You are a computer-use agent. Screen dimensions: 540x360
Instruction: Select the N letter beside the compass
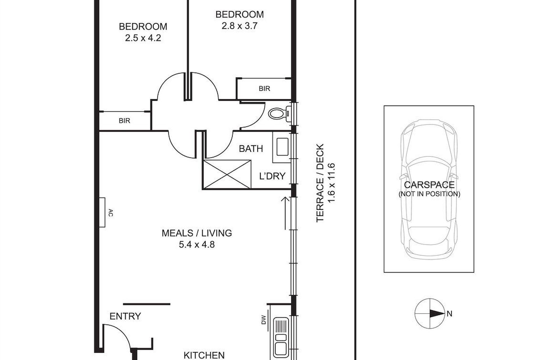tap(449, 313)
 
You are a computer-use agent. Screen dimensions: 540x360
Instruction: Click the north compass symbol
tap(429, 313)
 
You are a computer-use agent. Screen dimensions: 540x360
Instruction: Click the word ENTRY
tap(125, 316)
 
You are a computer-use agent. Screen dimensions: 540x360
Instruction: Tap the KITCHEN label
tap(204, 355)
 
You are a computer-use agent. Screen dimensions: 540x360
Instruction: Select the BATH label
tap(251, 148)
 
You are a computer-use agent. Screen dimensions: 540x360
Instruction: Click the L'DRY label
tap(272, 176)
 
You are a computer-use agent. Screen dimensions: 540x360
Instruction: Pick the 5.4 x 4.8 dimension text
tap(197, 244)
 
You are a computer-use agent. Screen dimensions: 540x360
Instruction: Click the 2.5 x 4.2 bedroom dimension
tap(143, 38)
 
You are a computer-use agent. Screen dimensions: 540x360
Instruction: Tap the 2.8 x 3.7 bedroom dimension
tap(239, 26)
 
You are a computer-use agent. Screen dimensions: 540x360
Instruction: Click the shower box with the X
tap(227, 174)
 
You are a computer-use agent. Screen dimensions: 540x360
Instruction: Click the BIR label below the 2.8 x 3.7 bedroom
tap(264, 89)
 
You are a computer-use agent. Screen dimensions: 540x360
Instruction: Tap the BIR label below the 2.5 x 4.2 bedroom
tap(124, 121)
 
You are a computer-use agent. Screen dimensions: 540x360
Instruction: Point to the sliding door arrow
tap(286, 213)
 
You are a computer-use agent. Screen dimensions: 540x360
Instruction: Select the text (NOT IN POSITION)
tap(429, 194)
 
